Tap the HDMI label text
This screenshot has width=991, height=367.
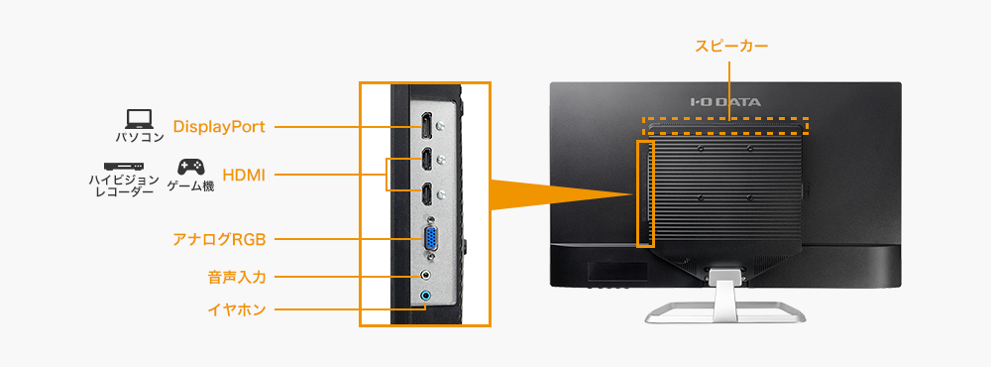(243, 175)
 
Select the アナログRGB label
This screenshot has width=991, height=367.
(219, 239)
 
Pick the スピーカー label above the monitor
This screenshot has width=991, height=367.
(731, 46)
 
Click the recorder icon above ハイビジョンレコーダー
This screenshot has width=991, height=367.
(122, 166)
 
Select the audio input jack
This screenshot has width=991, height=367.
(426, 277)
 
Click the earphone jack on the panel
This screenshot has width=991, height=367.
(426, 296)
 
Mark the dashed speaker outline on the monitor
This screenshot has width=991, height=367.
(725, 126)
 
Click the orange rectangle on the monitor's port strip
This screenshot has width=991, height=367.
(645, 192)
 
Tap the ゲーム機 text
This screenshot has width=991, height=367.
(190, 186)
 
